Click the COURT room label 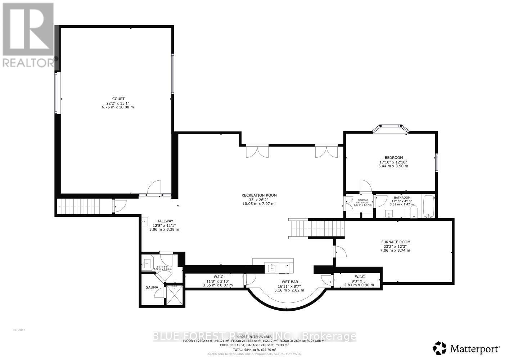(x=118, y=99)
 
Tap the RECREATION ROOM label (x=259, y=195)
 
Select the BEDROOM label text (x=393, y=157)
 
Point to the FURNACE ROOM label (x=396, y=242)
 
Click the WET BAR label (x=289, y=282)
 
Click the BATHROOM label (x=402, y=198)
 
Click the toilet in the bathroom (x=414, y=212)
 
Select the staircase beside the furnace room (x=317, y=228)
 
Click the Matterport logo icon (x=440, y=348)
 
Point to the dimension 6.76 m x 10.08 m (x=118, y=107)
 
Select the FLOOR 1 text (x=19, y=330)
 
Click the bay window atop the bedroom (x=391, y=126)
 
